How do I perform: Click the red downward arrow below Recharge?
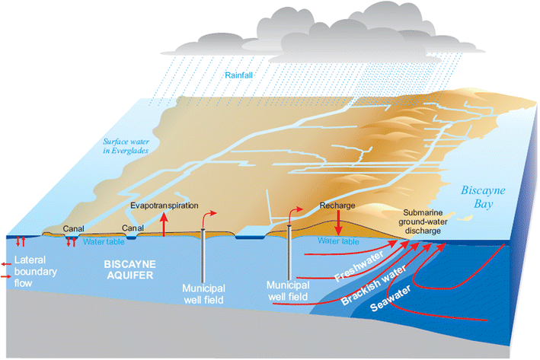pos(339,225)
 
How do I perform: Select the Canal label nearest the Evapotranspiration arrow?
pos(133,227)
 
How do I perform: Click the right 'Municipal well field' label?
pos(289,289)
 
